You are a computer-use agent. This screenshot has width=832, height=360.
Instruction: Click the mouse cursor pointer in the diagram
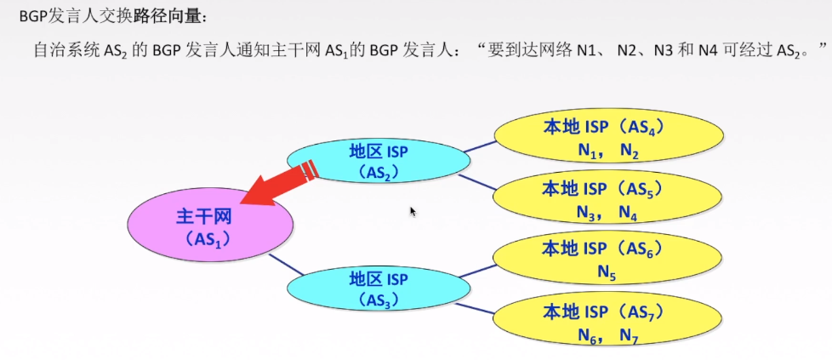click(413, 210)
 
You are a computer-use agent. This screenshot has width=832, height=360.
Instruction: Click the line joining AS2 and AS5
click(476, 184)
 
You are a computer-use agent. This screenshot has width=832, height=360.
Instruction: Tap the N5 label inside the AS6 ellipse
click(607, 272)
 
